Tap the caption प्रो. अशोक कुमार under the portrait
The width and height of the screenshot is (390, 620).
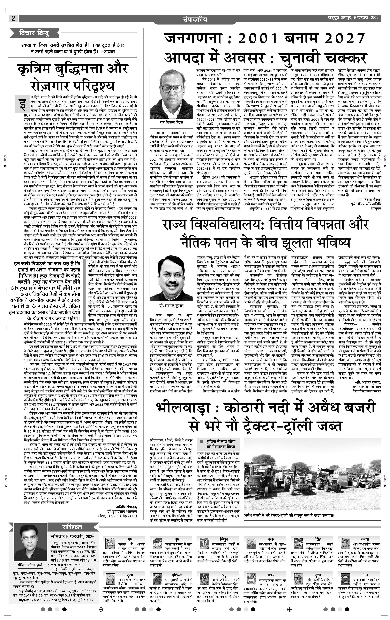click(171, 306)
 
